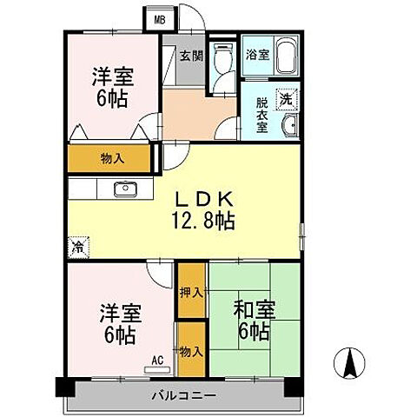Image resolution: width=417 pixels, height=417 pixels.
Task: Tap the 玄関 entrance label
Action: pos(190,56)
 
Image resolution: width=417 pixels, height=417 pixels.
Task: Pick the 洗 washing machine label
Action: pos(284,99)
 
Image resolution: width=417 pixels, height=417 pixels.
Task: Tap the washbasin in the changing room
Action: pos(288,128)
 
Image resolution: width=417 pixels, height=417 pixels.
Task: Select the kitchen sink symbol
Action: pos(123,189)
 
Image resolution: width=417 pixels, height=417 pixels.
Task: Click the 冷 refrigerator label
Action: pos(78,246)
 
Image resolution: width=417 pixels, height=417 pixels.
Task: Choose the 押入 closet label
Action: pos(190,293)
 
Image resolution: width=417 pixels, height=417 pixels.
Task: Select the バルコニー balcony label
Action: pos(185,396)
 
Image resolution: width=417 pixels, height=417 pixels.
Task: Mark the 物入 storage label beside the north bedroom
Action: pos(111,159)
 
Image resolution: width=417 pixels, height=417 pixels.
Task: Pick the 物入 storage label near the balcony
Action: pos(191,352)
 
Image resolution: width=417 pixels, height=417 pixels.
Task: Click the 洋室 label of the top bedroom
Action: pos(112,87)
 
